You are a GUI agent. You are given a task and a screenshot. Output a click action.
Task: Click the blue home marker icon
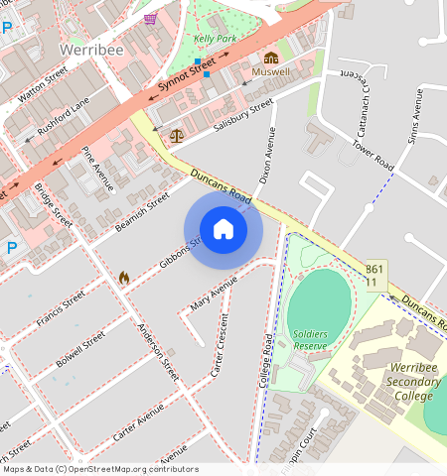pos(223,230)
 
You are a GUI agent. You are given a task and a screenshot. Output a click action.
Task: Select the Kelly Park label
pos(217,39)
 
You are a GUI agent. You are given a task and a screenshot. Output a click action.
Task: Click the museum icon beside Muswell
pos(271,57)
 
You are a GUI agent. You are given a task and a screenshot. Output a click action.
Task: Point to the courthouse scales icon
pos(177,133)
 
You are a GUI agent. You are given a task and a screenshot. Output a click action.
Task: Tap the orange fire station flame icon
pos(124,278)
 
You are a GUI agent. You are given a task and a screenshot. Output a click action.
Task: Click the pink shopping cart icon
pos(150,18)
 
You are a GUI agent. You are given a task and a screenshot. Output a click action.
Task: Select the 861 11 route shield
pos(374,276)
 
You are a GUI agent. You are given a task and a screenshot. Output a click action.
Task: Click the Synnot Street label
pos(187,80)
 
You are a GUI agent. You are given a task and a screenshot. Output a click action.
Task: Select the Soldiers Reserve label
pos(311,339)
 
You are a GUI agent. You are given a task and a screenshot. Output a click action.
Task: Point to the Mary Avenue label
pos(215,294)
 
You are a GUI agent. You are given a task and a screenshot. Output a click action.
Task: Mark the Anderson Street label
pos(159,353)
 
